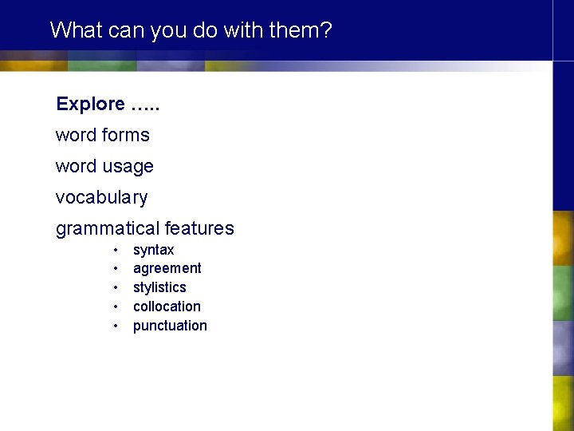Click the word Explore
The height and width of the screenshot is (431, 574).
pyautogui.click(x=90, y=104)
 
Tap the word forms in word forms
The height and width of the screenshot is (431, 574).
pyautogui.click(x=126, y=135)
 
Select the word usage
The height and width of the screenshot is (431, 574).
pyautogui.click(x=128, y=167)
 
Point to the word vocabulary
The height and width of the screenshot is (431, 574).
pyautogui.click(x=101, y=197)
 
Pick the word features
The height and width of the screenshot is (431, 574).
pyautogui.click(x=199, y=228)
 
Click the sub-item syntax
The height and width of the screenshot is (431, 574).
pyautogui.click(x=153, y=250)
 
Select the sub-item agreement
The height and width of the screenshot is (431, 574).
pyautogui.click(x=167, y=268)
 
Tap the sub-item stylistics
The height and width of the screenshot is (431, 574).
pyautogui.click(x=159, y=287)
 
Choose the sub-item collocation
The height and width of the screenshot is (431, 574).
pyautogui.click(x=167, y=306)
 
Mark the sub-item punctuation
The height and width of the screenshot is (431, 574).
pyautogui.click(x=170, y=326)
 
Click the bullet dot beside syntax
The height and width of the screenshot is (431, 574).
pyautogui.click(x=116, y=250)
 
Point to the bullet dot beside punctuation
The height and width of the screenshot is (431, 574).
pyautogui.click(x=116, y=326)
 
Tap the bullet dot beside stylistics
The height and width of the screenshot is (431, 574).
pyautogui.click(x=116, y=287)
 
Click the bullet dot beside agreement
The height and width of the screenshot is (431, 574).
pyautogui.click(x=116, y=268)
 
